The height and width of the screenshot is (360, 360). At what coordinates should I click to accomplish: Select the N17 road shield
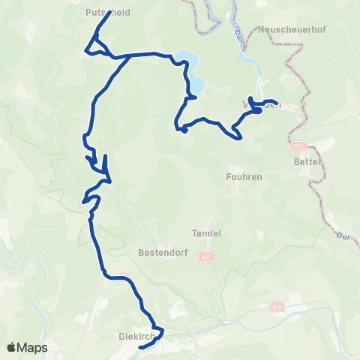point(205,256)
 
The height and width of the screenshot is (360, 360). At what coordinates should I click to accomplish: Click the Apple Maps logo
point(27,347)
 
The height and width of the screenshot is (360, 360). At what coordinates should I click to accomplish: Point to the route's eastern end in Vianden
point(277,103)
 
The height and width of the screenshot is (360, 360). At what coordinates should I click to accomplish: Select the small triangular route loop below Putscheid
point(94,49)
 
